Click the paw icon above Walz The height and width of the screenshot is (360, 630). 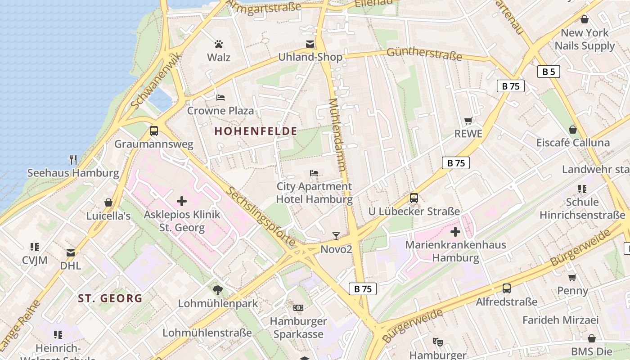coord(219,44)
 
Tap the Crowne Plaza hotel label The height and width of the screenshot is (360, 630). coord(220,110)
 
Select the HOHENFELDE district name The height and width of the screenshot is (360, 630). coord(256,131)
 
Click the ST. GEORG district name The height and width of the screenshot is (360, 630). coord(110,298)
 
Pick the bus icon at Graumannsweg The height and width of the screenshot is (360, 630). coord(154,131)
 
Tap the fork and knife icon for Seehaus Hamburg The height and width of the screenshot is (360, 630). coord(73,159)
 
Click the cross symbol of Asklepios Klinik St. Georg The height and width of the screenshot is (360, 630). coord(182,201)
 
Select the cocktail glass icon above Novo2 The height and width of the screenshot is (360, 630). coord(336,236)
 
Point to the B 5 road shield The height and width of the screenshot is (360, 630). coord(549,72)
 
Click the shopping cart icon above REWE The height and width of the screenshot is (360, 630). coord(468,121)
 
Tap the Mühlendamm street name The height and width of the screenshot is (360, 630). coord(337,135)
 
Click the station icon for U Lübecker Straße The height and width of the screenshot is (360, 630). coord(414,198)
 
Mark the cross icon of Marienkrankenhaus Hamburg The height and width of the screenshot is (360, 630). coord(455,232)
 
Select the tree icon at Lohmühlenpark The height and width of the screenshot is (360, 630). coord(218,290)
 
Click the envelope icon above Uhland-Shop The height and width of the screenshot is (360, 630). coord(310,44)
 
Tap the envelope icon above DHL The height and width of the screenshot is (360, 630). coord(71,252)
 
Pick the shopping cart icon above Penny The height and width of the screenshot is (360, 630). coord(572,277)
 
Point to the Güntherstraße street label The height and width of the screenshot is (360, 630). coord(424,54)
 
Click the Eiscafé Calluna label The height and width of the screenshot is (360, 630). coord(573,143)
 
